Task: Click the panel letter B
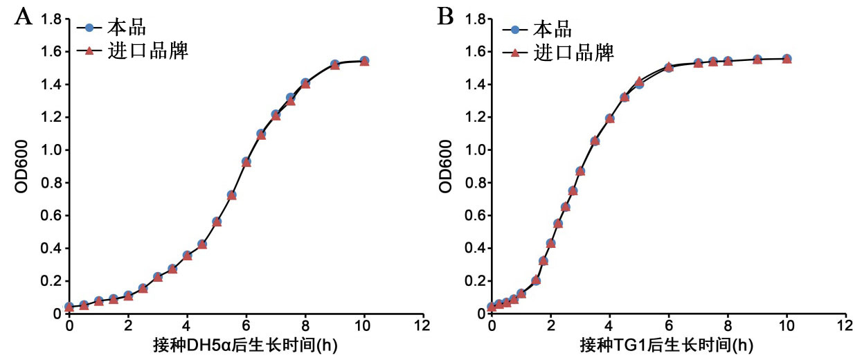[x=445, y=17]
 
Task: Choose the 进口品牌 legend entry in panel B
[x=573, y=51]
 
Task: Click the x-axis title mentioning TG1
[x=667, y=345]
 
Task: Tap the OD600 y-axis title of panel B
[x=446, y=166]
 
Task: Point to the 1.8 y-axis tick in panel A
[x=51, y=19]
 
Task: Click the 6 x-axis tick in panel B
[x=668, y=325]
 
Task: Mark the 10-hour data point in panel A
[x=364, y=61]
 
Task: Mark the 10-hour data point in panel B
[x=787, y=59]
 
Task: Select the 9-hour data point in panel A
[x=334, y=64]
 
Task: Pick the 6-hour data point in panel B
[x=669, y=67]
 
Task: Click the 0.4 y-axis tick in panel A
[x=51, y=249]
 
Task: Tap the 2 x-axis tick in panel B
[x=550, y=325]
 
